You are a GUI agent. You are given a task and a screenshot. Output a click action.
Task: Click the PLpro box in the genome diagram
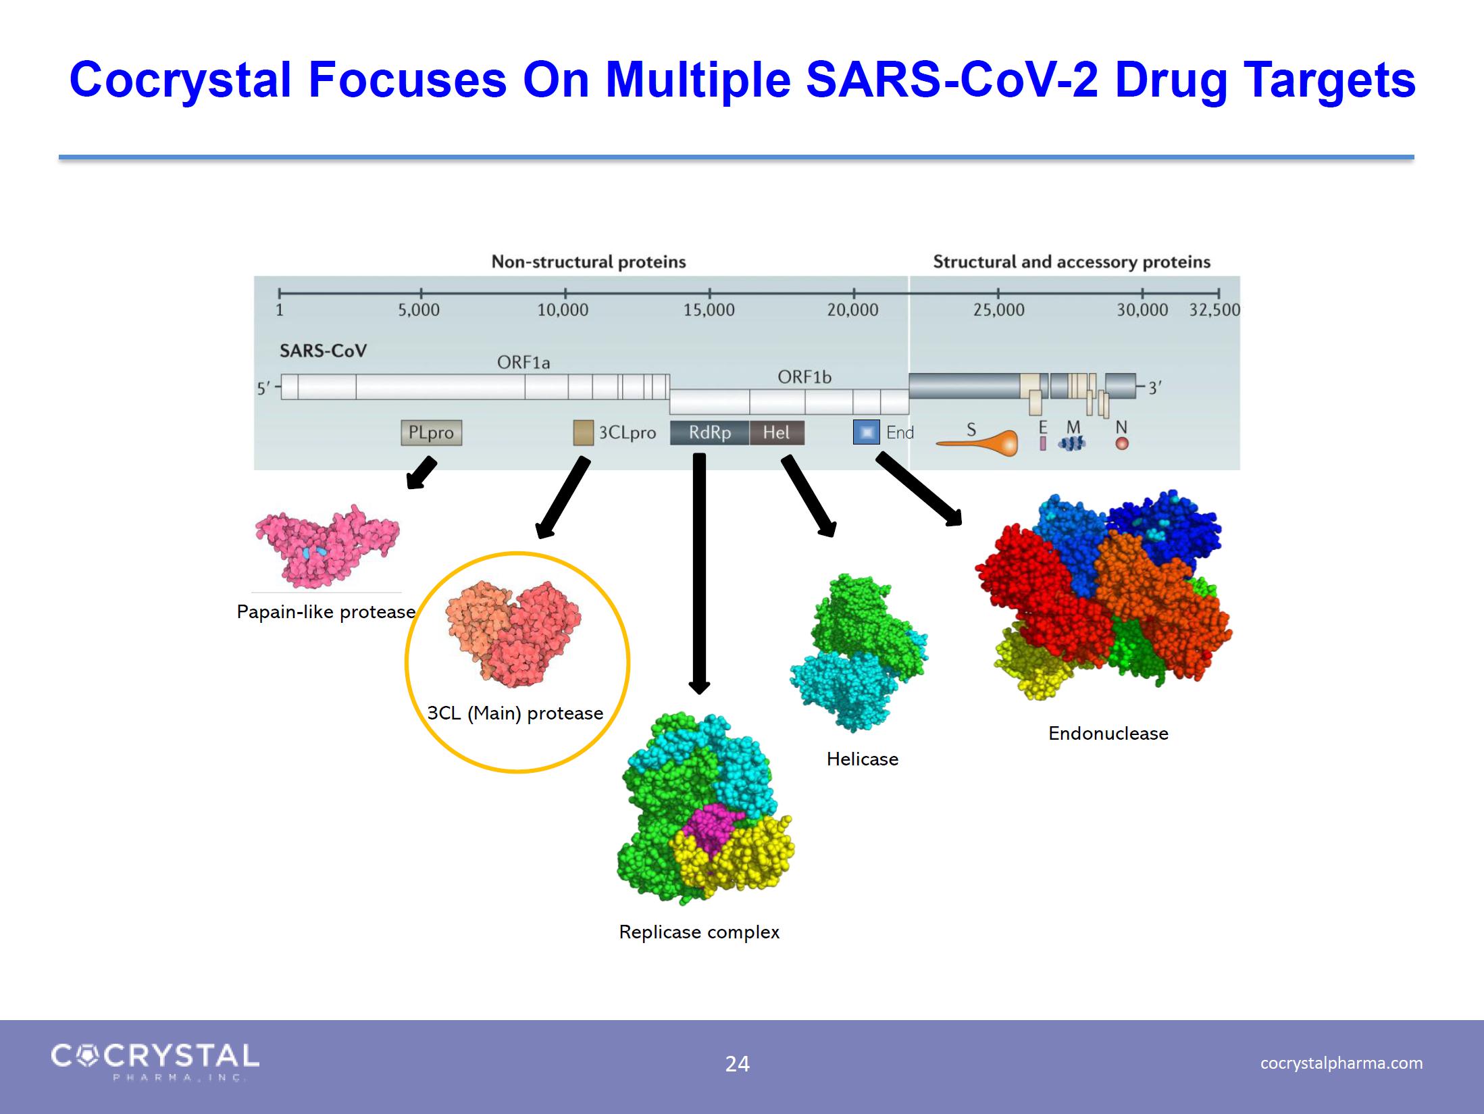tap(432, 432)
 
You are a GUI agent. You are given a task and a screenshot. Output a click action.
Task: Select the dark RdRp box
tap(709, 432)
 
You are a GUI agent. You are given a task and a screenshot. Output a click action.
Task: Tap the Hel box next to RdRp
tap(777, 432)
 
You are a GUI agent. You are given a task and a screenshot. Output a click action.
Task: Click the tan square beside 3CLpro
tap(584, 433)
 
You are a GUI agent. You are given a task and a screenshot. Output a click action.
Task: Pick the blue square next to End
tap(867, 432)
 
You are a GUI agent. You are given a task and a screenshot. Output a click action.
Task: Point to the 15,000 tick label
tap(709, 310)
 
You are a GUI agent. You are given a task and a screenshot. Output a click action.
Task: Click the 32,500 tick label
tap(1214, 310)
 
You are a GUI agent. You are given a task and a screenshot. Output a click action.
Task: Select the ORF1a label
tap(523, 363)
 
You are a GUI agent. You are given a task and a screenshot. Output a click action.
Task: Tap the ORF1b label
tap(804, 377)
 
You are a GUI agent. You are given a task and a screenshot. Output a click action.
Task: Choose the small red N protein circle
tap(1122, 444)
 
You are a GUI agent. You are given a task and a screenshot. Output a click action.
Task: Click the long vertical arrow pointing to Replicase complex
tap(699, 574)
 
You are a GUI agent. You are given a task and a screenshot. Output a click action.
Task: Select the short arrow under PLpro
tap(421, 473)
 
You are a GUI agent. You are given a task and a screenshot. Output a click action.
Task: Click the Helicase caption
tap(863, 759)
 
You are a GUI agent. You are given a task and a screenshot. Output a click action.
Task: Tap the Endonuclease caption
tap(1108, 734)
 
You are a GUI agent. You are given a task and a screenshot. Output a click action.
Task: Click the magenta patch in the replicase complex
tap(711, 830)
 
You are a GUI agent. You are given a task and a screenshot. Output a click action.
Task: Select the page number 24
tap(737, 1064)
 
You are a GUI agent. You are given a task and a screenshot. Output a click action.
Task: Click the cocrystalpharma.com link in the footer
tap(1341, 1063)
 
